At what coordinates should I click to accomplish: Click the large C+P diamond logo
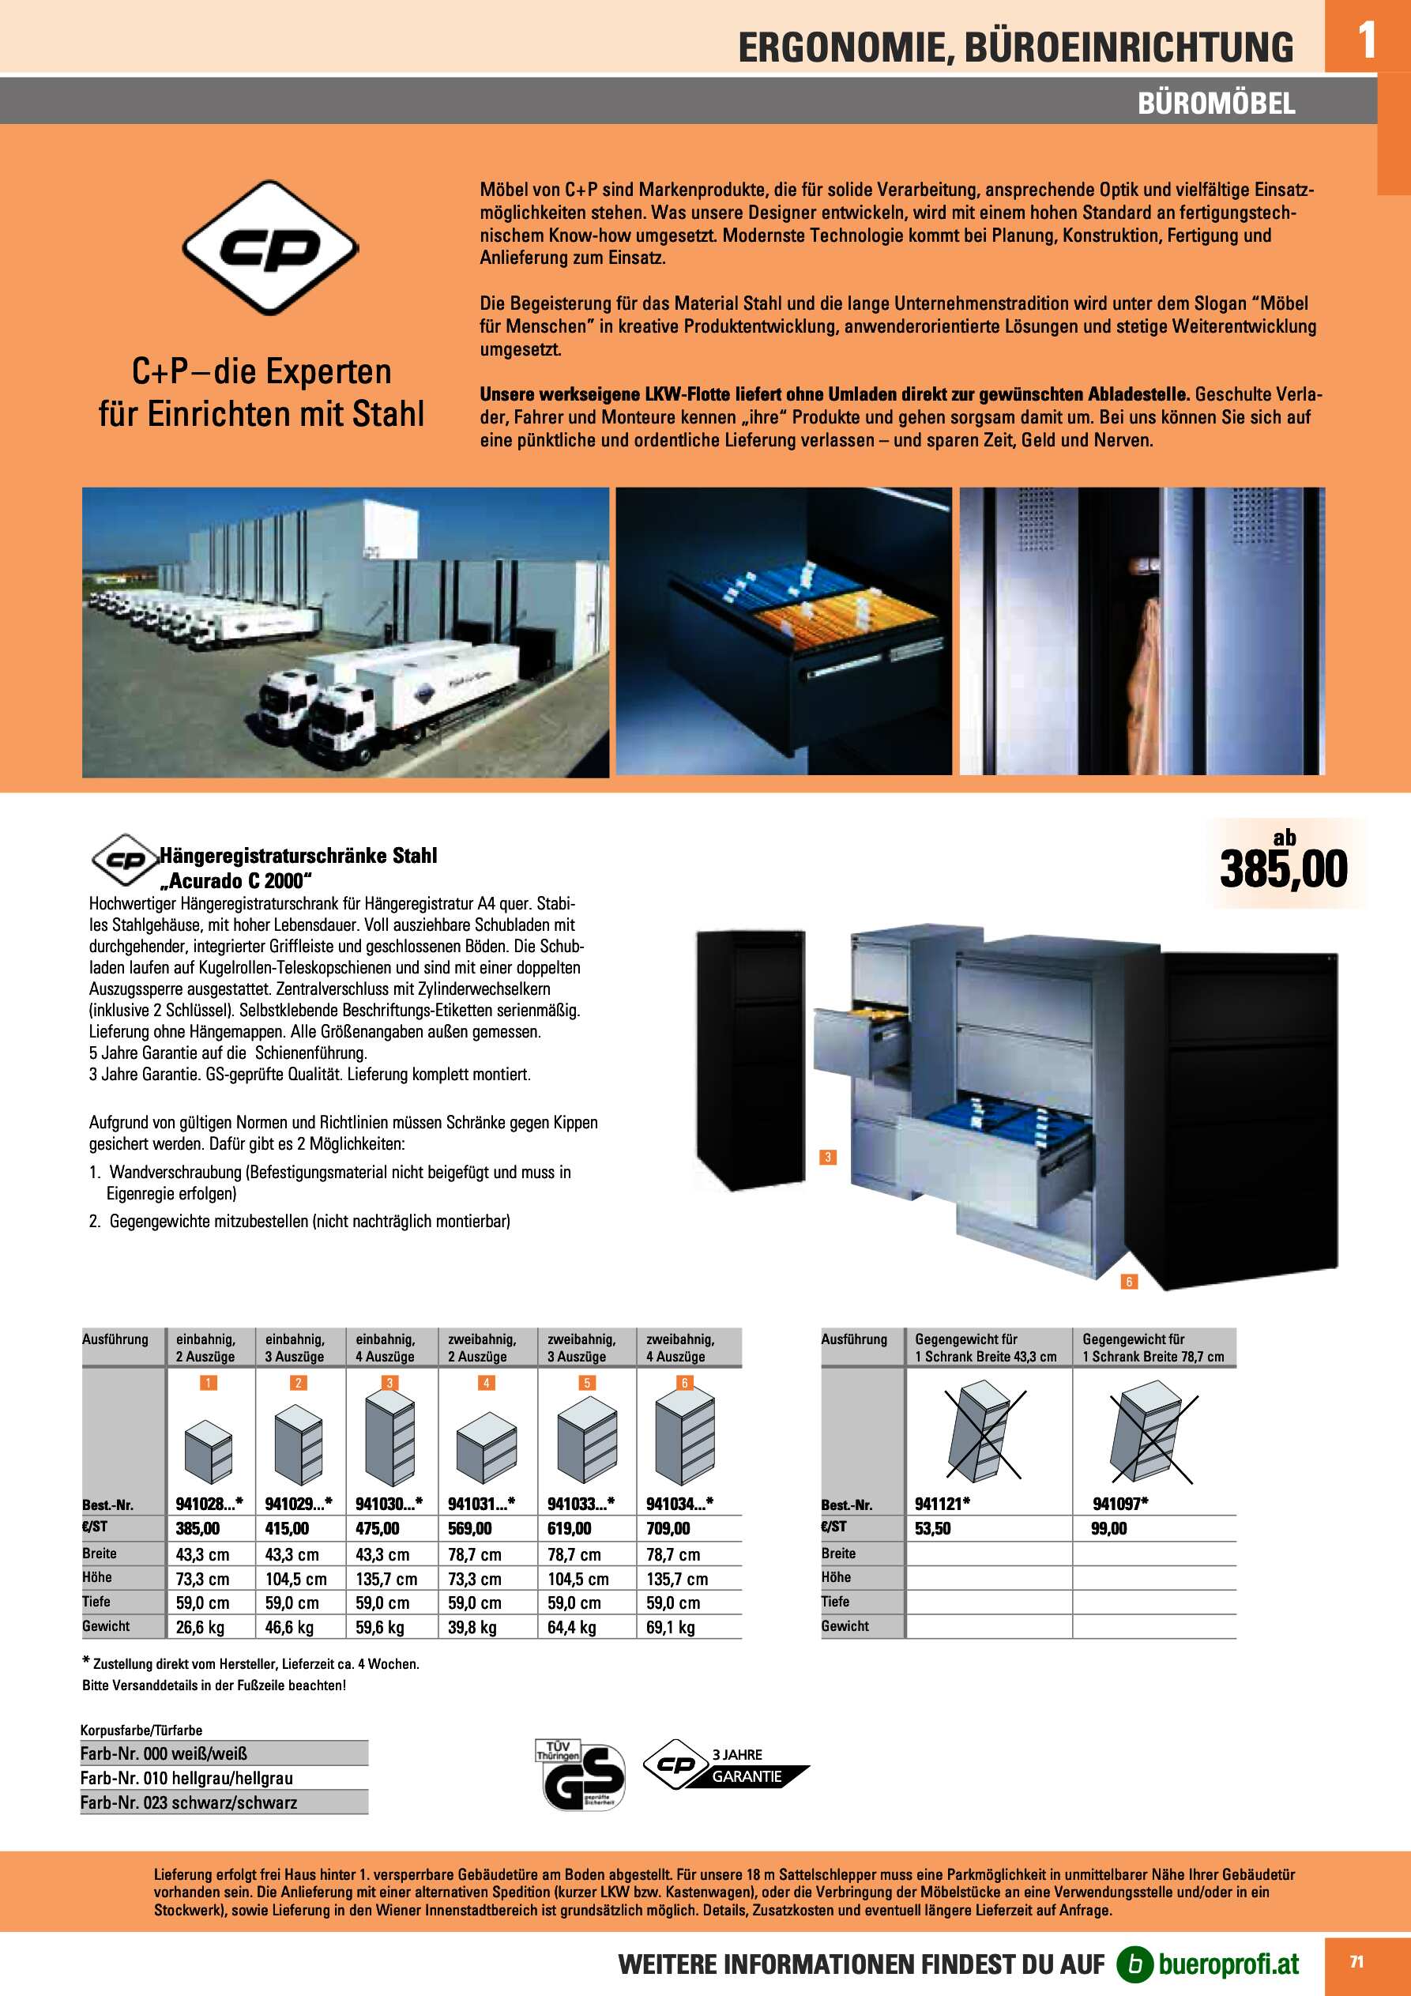(x=270, y=248)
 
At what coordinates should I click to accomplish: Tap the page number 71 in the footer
(x=1356, y=1962)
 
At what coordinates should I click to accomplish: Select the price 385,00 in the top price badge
(x=1283, y=869)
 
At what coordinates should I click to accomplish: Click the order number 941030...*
(x=389, y=1503)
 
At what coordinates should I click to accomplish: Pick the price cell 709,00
(x=668, y=1528)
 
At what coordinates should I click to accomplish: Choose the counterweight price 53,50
(x=932, y=1528)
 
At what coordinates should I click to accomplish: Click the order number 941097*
(x=1120, y=1503)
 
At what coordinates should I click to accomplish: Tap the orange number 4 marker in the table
(x=486, y=1382)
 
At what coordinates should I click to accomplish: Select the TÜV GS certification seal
(x=579, y=1774)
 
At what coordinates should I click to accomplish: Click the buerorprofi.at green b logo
(x=1134, y=1963)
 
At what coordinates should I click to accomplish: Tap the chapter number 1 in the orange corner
(x=1367, y=40)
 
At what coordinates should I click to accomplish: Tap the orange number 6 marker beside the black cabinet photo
(x=1128, y=1282)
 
